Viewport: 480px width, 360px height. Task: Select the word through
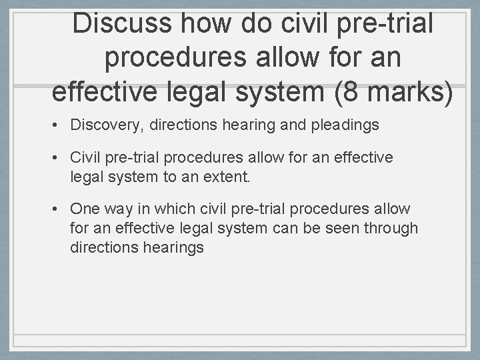(x=393, y=228)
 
